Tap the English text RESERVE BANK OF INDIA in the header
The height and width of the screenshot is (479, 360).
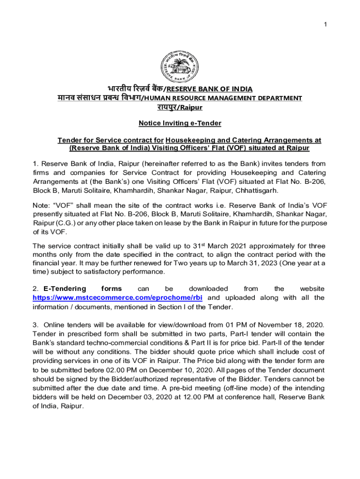(x=209, y=89)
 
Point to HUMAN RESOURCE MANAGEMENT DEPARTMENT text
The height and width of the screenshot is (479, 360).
(x=222, y=98)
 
